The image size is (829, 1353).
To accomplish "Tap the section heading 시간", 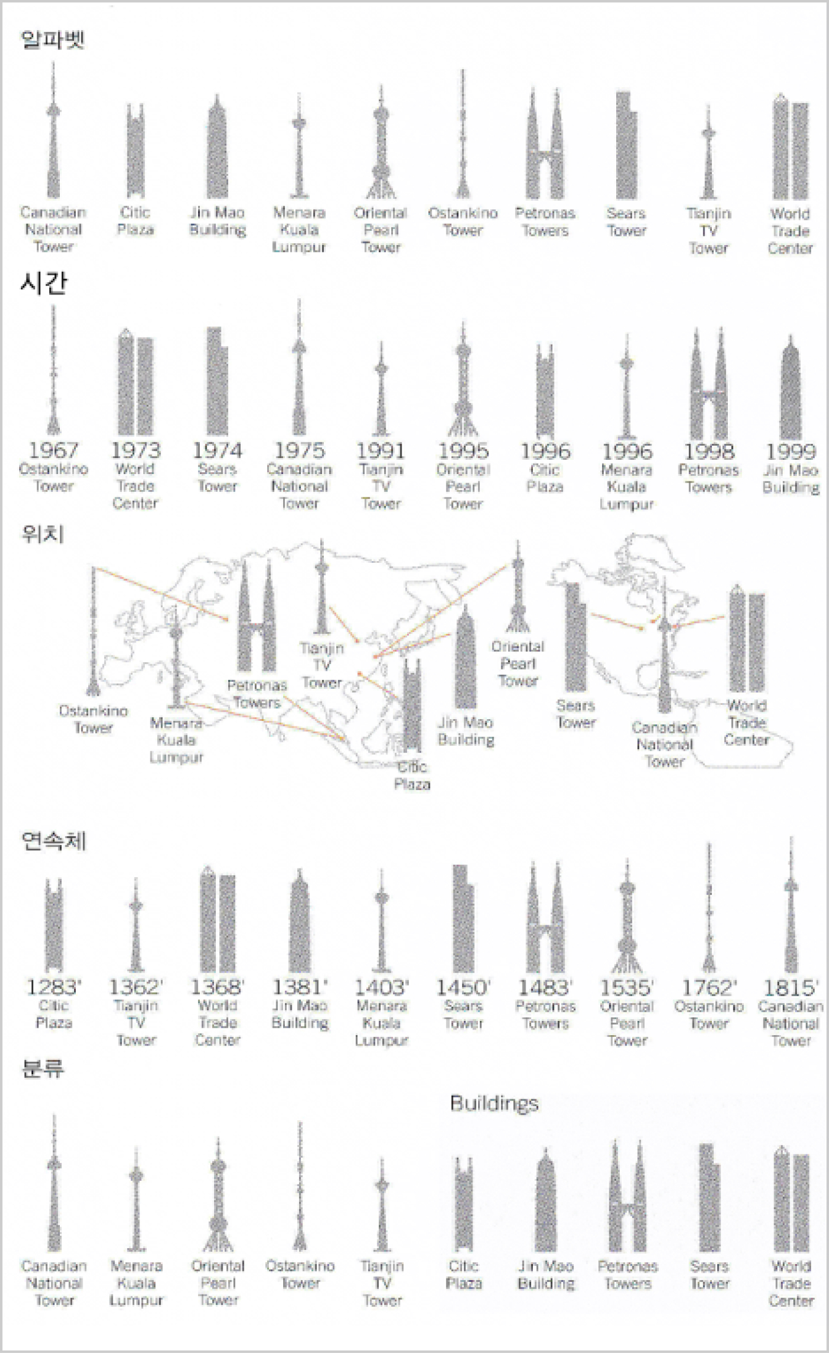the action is pos(43,283).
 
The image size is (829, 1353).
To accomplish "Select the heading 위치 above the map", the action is pos(43,533).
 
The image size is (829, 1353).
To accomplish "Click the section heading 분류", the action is pos(43,1068).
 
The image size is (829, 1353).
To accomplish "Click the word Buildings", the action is pos(494,1104).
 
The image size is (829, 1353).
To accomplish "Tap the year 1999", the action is pos(790,451).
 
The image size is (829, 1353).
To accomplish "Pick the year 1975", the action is pos(299,450).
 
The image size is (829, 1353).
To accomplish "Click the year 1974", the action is pos(217,450).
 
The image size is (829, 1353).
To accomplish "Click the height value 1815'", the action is pos(791,988).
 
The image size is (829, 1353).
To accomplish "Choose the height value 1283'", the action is pos(53,987).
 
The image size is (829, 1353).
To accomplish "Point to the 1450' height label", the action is pos(463,988).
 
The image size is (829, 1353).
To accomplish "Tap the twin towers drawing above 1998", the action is pos(709,385).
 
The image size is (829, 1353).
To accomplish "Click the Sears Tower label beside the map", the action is pos(575,714).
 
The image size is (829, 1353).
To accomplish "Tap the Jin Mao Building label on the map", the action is pos(466,731).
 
